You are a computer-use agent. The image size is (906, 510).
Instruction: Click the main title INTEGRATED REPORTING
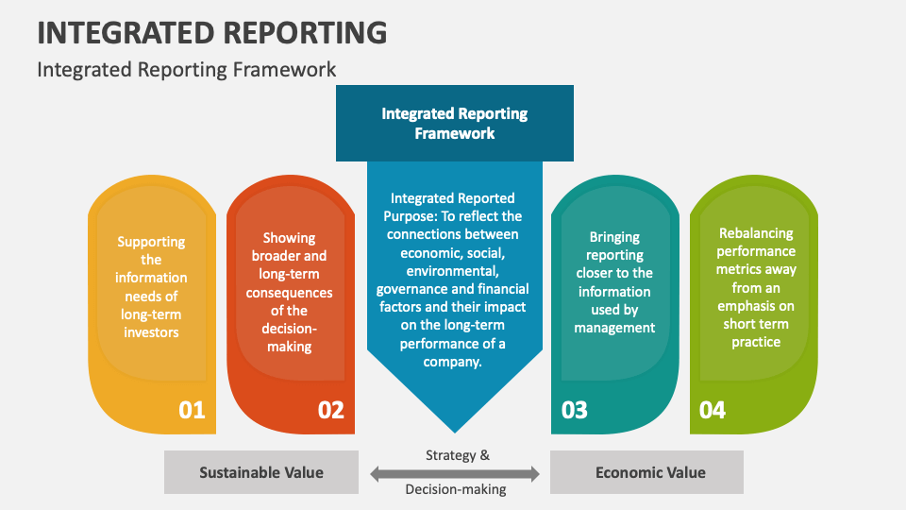(x=211, y=31)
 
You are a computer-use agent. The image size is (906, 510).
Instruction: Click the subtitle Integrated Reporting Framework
(x=186, y=69)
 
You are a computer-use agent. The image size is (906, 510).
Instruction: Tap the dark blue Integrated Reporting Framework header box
(x=454, y=123)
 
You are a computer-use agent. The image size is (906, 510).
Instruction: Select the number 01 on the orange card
(x=192, y=410)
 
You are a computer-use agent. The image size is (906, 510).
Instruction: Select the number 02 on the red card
(x=331, y=410)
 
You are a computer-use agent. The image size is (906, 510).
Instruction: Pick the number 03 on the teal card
(x=574, y=410)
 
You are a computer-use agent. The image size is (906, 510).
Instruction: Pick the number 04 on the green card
(x=712, y=410)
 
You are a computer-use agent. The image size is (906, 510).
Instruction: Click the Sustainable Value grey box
(x=260, y=472)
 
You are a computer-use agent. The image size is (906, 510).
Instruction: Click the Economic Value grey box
(x=650, y=472)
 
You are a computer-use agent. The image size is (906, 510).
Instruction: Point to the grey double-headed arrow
(x=454, y=473)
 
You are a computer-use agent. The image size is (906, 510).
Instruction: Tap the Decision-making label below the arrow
(x=456, y=489)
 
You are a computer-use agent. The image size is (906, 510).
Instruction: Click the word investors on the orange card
(x=151, y=331)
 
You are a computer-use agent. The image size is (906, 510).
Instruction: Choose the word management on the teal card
(x=614, y=328)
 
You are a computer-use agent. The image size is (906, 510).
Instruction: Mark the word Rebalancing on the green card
(x=756, y=233)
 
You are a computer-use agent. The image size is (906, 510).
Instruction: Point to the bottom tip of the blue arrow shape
(x=454, y=432)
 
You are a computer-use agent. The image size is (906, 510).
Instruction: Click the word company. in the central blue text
(x=453, y=362)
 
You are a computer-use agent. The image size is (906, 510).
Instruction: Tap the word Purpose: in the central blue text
(x=411, y=216)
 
